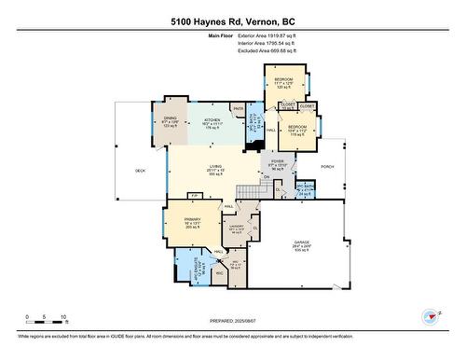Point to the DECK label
pyautogui.click(x=140, y=171)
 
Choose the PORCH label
pyautogui.click(x=327, y=168)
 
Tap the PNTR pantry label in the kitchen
pyautogui.click(x=239, y=110)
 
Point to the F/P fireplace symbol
pyautogui.click(x=195, y=195)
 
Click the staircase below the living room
pyautogui.click(x=246, y=190)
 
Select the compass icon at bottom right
pyautogui.click(x=430, y=316)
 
